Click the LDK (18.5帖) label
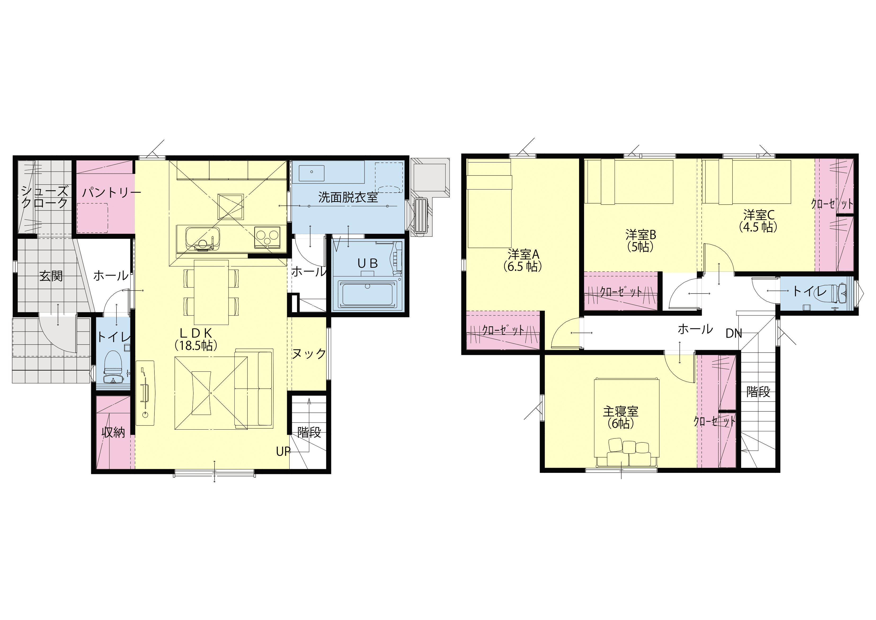[196, 339]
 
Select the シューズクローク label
[45, 197]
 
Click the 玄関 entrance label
[51, 276]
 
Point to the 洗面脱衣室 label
[348, 197]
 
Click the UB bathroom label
[367, 263]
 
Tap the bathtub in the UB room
[368, 294]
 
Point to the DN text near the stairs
[734, 333]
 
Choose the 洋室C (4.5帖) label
[758, 221]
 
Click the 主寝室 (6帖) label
[621, 417]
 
